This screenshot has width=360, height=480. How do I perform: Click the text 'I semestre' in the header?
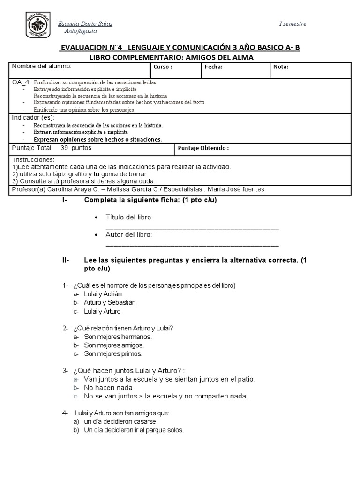(292, 24)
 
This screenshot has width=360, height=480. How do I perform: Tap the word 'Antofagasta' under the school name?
(81, 31)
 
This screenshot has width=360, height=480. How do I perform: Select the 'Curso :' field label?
(163, 67)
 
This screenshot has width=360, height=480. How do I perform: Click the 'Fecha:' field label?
(213, 67)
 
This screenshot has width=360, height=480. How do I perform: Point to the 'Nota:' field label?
(281, 67)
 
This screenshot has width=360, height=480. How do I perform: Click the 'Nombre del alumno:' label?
(41, 66)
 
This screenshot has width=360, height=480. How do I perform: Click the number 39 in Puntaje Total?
(65, 148)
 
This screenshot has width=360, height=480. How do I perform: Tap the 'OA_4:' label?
(21, 82)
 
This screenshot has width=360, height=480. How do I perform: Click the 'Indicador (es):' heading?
(33, 117)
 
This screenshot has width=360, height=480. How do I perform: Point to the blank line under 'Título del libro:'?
(192, 227)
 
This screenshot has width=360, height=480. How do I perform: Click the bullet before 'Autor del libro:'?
(96, 235)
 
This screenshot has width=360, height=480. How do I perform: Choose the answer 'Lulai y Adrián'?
(103, 294)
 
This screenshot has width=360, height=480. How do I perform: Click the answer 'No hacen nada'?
(108, 388)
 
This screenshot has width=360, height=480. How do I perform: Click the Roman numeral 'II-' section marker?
(65, 260)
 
